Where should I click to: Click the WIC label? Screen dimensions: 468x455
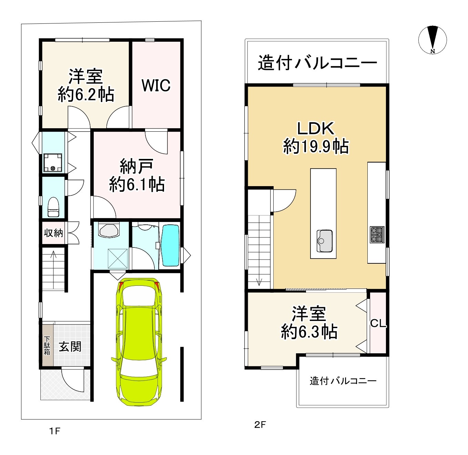[156, 85]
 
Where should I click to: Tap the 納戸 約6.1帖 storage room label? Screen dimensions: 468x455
[137, 175]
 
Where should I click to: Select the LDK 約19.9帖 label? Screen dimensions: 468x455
[316, 138]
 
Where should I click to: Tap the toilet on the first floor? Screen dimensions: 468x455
[53, 207]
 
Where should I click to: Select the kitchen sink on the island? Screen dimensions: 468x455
[324, 241]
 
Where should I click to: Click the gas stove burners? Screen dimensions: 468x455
[377, 235]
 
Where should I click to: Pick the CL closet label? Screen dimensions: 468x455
[378, 323]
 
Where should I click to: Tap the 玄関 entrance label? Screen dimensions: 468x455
[70, 347]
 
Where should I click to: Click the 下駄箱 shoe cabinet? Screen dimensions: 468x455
[47, 346]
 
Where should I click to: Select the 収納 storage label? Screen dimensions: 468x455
[53, 233]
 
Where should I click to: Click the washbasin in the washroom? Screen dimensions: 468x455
[109, 230]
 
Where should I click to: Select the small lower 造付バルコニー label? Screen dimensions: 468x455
[343, 381]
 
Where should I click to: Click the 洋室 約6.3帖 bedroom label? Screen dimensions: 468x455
[309, 323]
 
